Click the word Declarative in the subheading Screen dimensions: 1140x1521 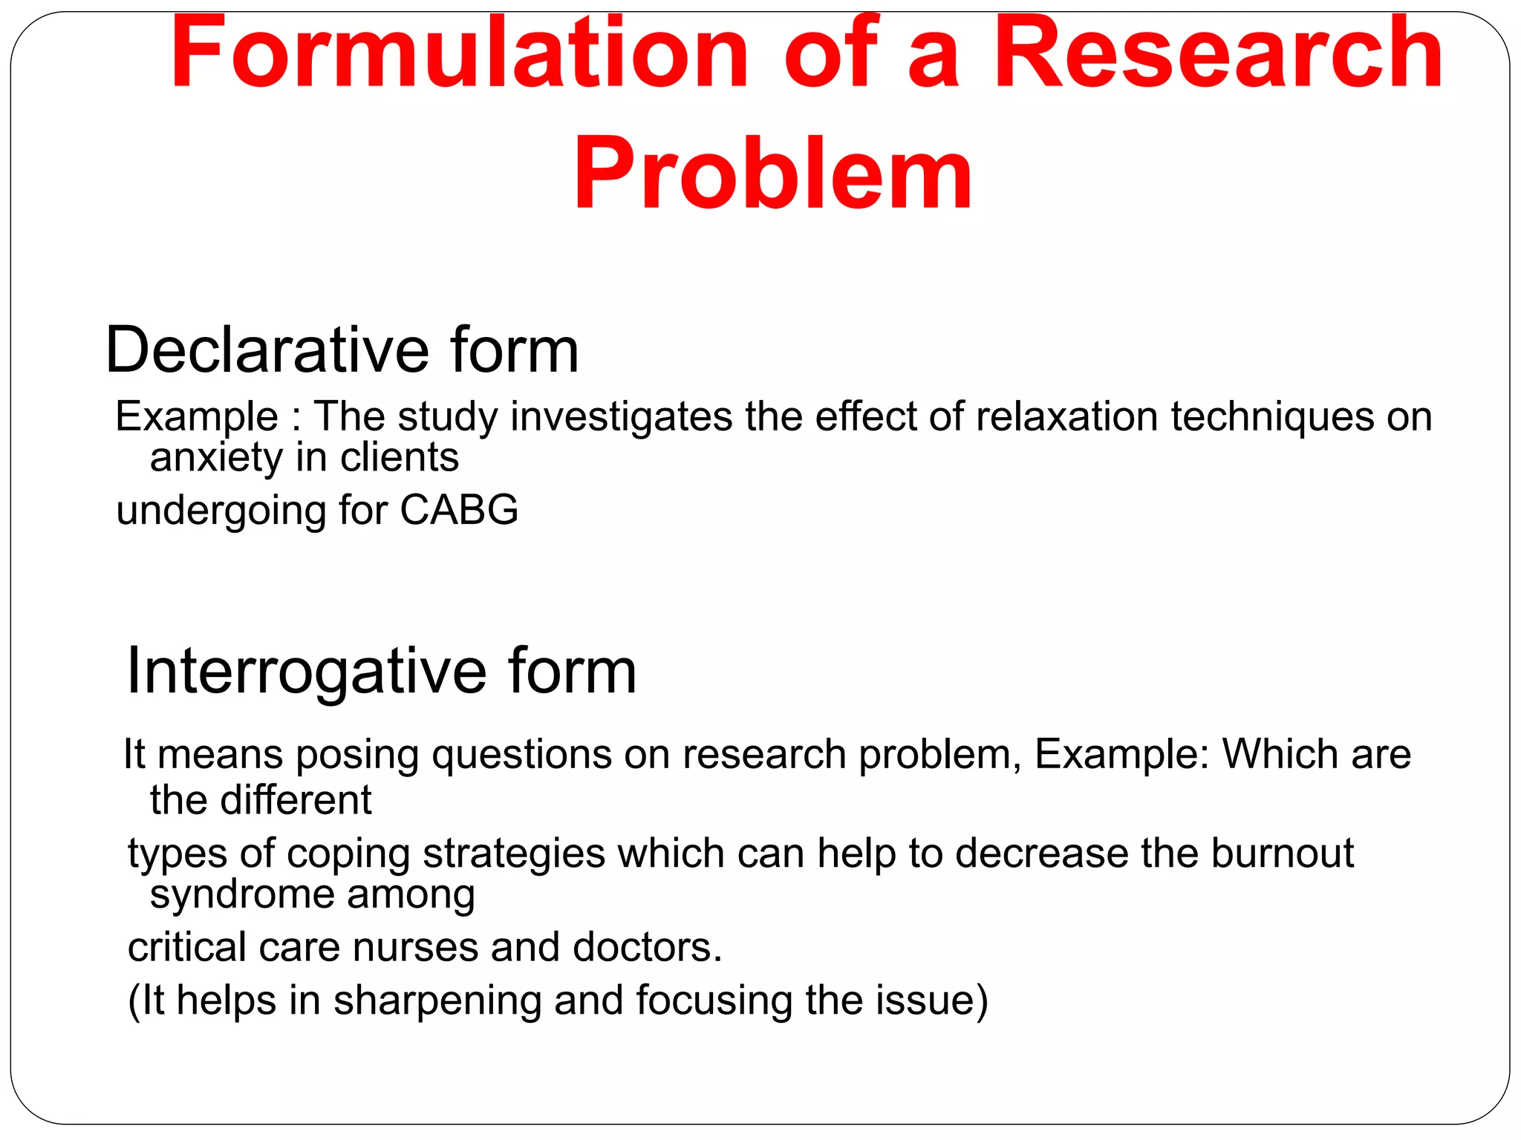click(x=267, y=350)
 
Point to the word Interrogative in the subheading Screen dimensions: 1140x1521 click(x=306, y=671)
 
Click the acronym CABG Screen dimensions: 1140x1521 click(x=459, y=511)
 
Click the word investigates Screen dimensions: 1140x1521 click(x=622, y=418)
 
